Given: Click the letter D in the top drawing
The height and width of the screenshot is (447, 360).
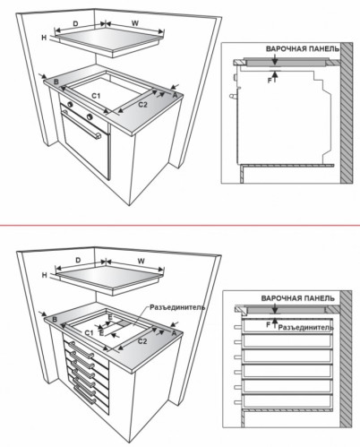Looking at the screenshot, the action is tap(76, 23).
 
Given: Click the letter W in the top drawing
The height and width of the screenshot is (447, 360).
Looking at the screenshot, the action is tap(135, 23).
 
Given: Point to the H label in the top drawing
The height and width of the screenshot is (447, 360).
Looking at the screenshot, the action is tap(45, 38).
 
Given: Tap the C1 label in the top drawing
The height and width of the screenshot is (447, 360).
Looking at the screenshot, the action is tap(96, 96).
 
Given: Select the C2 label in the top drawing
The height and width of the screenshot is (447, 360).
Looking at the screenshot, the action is tap(142, 105).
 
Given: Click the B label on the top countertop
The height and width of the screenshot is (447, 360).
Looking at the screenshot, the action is tap(56, 82).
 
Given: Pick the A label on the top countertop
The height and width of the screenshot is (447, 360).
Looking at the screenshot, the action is tap(175, 95).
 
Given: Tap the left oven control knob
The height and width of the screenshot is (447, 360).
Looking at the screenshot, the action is tap(70, 104).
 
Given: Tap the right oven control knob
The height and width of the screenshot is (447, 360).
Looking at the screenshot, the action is tap(90, 116).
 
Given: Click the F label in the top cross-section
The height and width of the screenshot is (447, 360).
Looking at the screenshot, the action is tap(270, 81).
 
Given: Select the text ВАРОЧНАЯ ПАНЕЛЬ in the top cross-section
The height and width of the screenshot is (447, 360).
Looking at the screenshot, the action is tap(303, 48).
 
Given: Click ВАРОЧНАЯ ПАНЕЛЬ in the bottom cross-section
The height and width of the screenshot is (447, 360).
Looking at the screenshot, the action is tap(298, 298).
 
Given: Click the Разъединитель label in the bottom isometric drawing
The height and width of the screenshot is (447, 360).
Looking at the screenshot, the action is tap(177, 307).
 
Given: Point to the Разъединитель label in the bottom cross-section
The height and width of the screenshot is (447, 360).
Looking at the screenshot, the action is tap(306, 328).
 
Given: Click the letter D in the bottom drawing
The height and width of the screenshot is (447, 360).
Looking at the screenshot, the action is tap(78, 261).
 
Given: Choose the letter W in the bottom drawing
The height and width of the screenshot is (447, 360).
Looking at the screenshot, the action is tap(141, 261).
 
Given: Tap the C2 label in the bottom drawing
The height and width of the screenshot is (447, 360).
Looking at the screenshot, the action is tap(142, 341).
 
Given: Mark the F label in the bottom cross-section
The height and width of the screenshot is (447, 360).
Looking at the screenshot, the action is tap(269, 324).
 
